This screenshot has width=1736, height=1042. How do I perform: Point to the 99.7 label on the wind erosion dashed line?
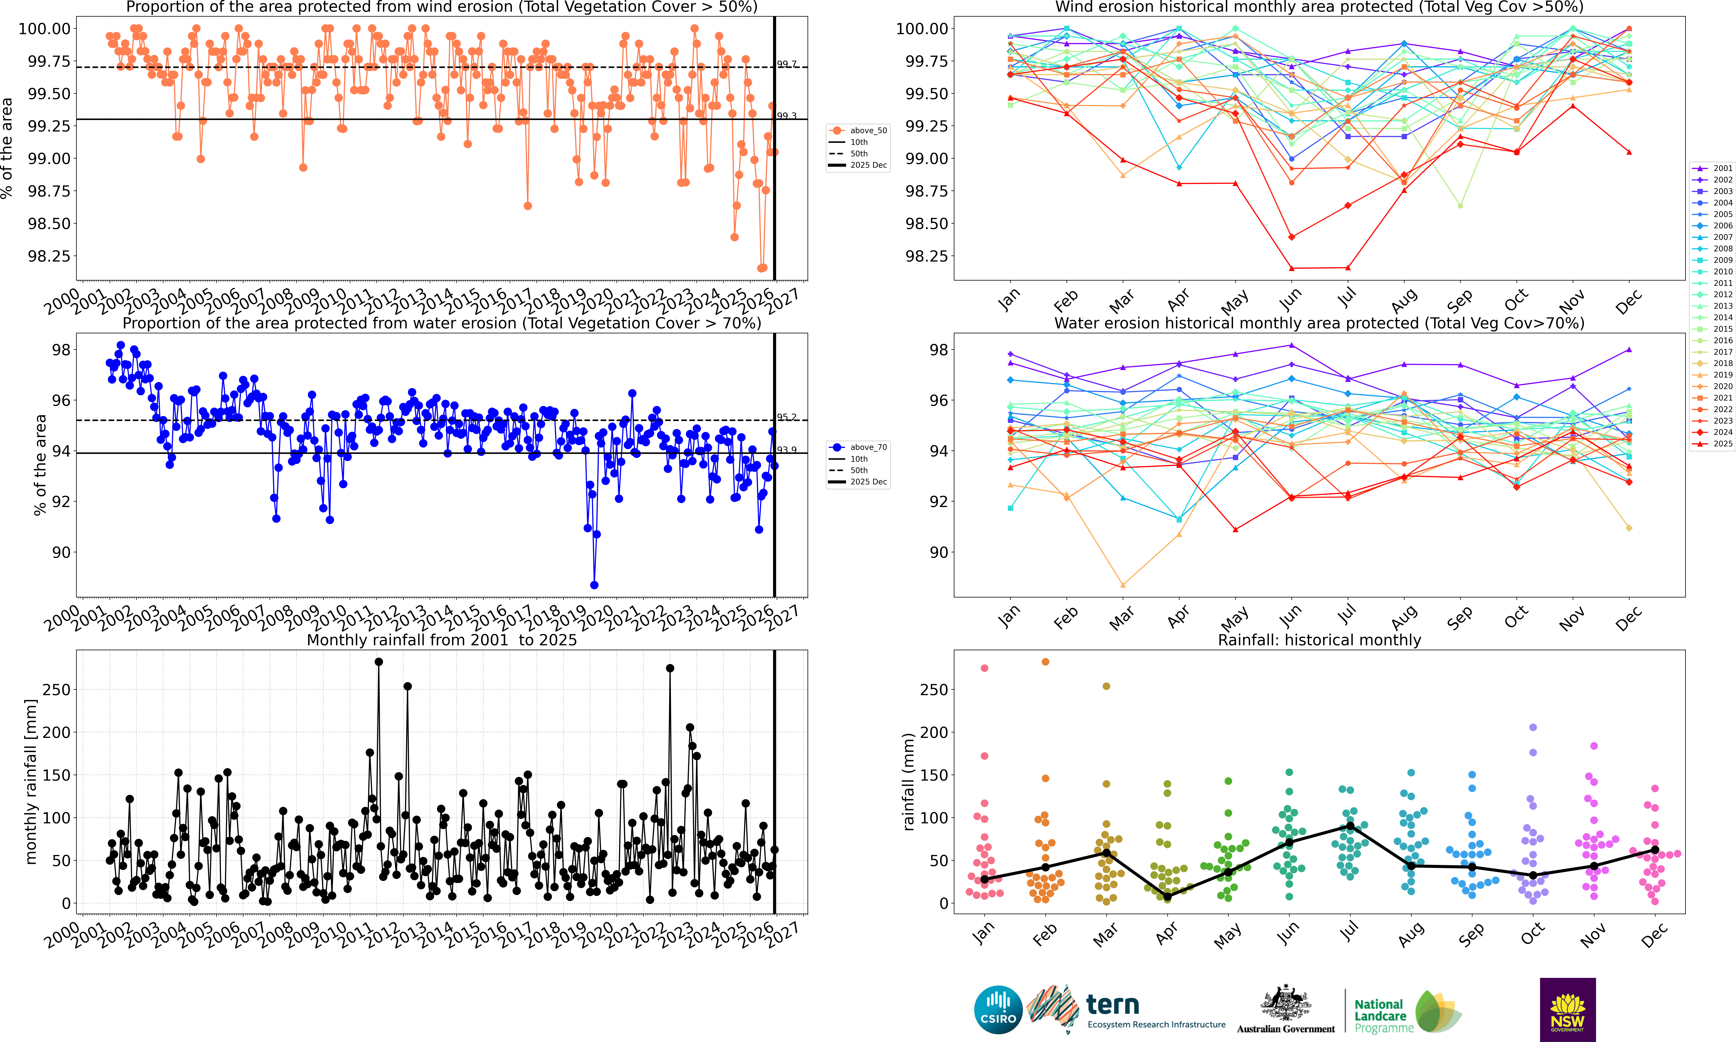click(786, 64)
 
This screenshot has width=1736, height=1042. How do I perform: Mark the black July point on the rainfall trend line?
click(1350, 826)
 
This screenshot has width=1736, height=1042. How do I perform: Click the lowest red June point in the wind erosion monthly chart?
click(1292, 268)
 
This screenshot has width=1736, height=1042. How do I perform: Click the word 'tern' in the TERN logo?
click(1113, 1005)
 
